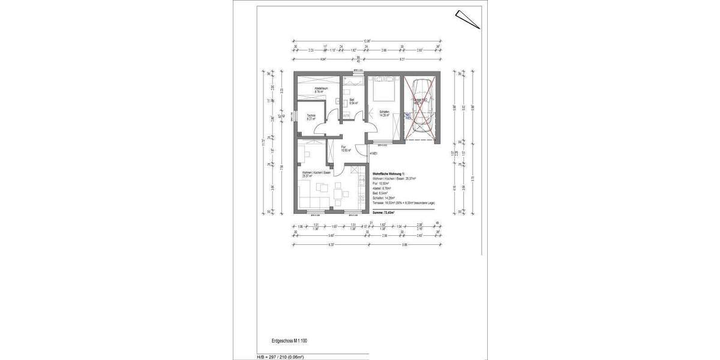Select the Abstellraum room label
(320, 90)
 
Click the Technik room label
(311, 117)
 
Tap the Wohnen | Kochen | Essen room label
(316, 174)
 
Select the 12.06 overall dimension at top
(367, 40)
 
